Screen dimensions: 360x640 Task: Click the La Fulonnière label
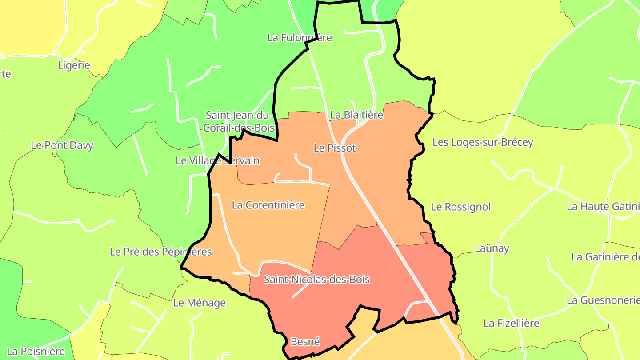[299, 38]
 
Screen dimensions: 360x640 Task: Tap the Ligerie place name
[74, 66]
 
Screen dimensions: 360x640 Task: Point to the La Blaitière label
[356, 115]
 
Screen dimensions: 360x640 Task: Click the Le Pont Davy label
[62, 145]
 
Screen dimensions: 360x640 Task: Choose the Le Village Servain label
[217, 160]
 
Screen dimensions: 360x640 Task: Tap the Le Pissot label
[335, 148]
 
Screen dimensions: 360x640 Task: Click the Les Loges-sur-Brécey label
[482, 143]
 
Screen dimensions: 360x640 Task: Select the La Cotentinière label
[268, 205]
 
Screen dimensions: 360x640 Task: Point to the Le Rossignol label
[460, 207]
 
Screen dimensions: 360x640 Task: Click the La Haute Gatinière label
[603, 207]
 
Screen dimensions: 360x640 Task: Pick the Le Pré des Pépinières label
[160, 252]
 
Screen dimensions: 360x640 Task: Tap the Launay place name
[492, 248]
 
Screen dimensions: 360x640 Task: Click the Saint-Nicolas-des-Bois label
[316, 280]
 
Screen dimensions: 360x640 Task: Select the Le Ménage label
[199, 303]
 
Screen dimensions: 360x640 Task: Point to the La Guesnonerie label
[603, 300]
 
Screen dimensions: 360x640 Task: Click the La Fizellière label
[511, 323]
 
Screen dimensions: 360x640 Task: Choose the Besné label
[305, 342]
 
